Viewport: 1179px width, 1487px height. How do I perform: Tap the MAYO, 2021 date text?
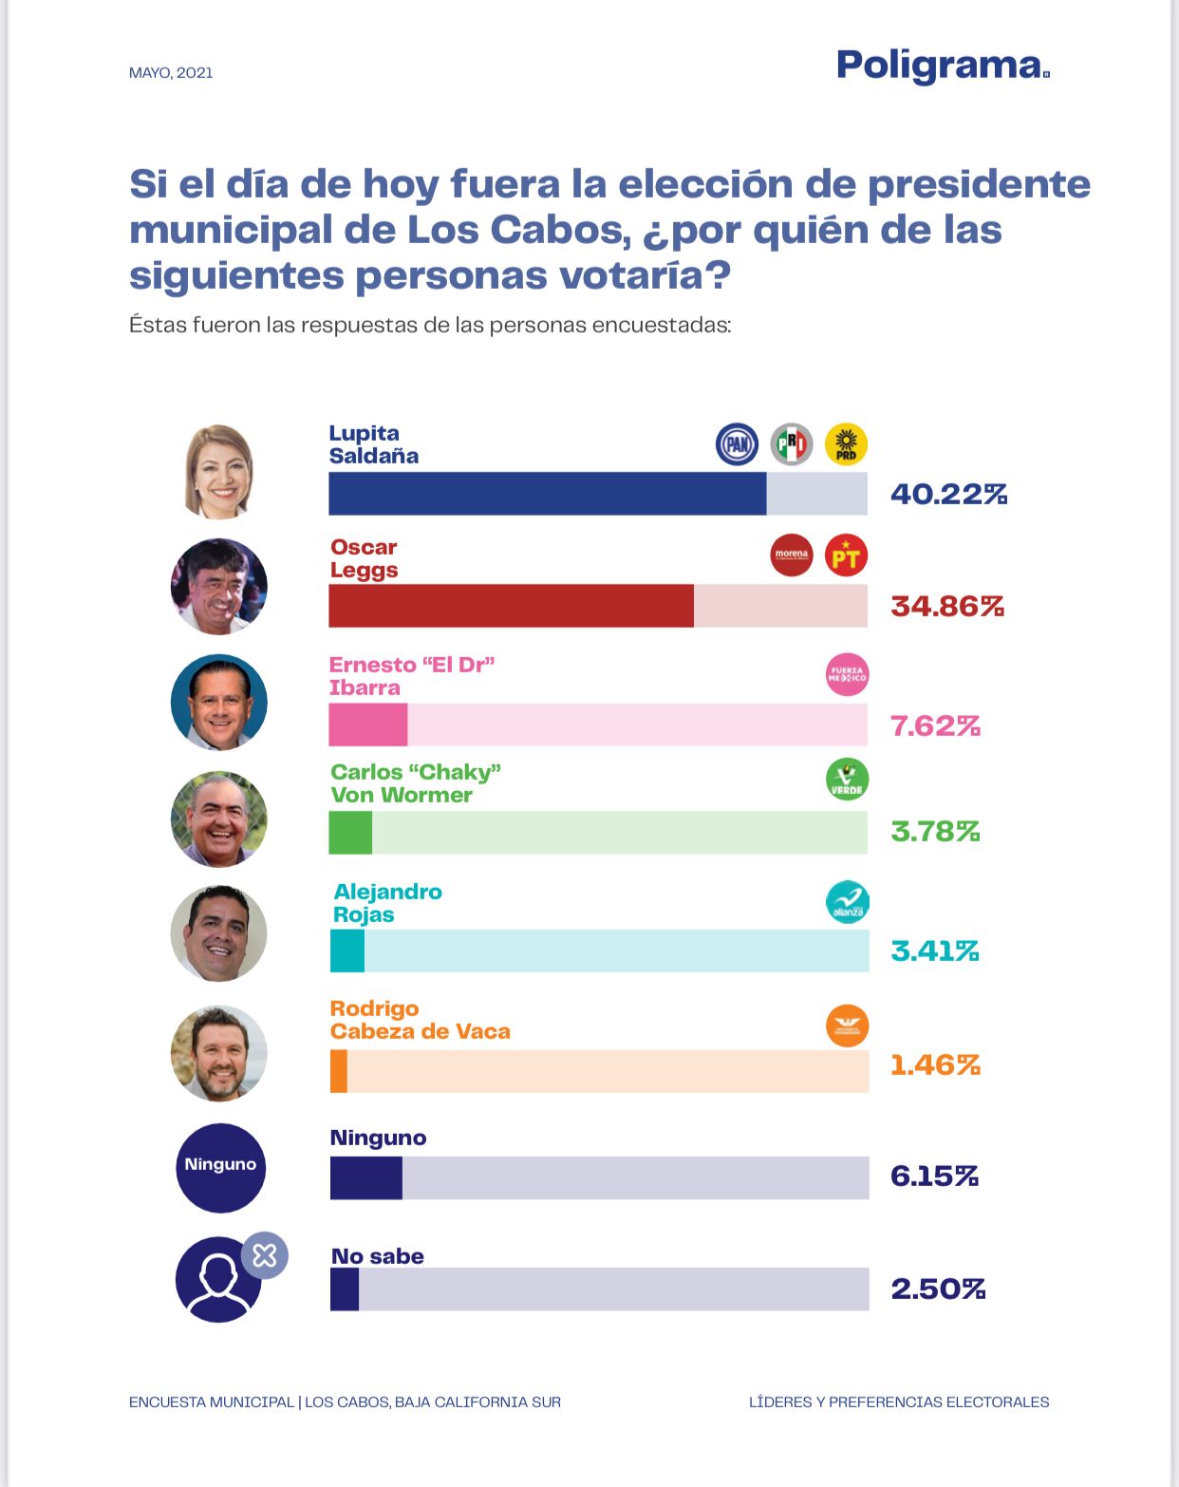(x=171, y=73)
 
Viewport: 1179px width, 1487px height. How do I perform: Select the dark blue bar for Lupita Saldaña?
(x=547, y=494)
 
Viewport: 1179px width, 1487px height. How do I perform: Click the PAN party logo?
(x=737, y=444)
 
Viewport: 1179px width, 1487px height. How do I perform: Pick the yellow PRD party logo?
(x=846, y=444)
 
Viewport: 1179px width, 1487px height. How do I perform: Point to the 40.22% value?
(x=948, y=494)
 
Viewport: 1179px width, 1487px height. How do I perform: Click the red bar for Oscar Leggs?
(x=511, y=606)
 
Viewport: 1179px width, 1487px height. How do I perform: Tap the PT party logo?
(x=846, y=556)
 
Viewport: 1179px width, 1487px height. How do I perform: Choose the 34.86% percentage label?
(x=946, y=606)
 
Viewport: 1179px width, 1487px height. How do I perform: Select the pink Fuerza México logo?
(x=847, y=675)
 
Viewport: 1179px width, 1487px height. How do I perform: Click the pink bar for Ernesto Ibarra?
(x=368, y=725)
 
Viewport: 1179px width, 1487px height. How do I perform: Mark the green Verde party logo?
(x=847, y=780)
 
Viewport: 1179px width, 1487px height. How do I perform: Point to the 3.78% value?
(x=935, y=832)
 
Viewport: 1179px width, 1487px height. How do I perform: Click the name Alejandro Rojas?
(x=387, y=903)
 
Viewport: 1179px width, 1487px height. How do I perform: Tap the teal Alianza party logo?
(x=847, y=902)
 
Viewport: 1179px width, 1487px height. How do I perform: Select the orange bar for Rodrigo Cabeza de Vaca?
(x=339, y=1071)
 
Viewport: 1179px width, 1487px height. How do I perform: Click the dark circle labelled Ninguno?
(x=220, y=1167)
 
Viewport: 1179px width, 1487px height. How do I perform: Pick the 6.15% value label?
(x=934, y=1176)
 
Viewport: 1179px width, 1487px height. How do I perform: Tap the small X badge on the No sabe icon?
(x=264, y=1255)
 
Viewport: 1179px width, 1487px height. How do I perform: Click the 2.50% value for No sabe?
(x=938, y=1289)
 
